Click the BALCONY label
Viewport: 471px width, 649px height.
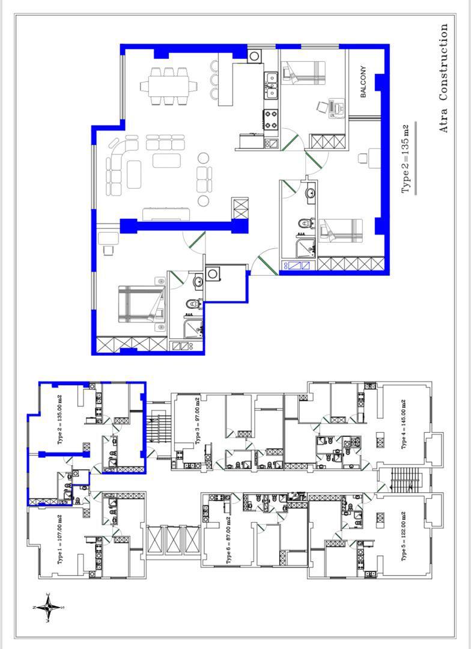click(x=363, y=82)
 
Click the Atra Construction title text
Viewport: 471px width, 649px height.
click(x=443, y=78)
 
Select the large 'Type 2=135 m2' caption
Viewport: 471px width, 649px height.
click(x=405, y=159)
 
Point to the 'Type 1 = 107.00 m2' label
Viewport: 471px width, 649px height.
click(x=60, y=539)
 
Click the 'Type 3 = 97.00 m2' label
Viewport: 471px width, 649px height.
click(x=198, y=421)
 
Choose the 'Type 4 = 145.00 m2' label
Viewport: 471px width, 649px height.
click(x=404, y=424)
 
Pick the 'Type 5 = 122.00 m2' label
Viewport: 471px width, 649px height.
click(x=404, y=537)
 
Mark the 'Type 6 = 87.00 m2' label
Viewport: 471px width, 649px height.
click(x=229, y=540)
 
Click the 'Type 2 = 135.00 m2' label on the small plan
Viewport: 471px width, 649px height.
click(x=60, y=419)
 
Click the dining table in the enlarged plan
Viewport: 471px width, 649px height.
click(x=169, y=86)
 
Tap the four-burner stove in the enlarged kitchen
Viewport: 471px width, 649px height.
click(x=271, y=119)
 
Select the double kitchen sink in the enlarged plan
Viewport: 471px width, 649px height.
click(x=271, y=85)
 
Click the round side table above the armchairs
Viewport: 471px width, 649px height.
click(x=203, y=158)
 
